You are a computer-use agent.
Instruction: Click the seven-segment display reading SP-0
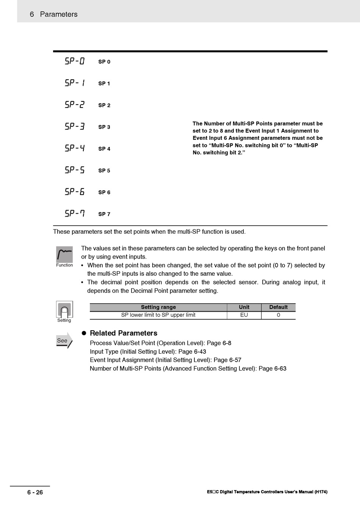[x=75, y=61]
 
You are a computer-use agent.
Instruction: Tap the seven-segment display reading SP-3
[x=75, y=126]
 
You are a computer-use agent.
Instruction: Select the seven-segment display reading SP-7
[x=75, y=213]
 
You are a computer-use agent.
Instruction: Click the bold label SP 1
[x=104, y=84]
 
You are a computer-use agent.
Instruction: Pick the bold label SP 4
[x=104, y=149]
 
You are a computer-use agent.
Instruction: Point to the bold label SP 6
[x=104, y=192]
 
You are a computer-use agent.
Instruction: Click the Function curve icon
[x=64, y=254]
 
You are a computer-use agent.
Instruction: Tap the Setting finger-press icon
[x=64, y=309]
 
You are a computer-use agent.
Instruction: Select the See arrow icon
[x=64, y=340]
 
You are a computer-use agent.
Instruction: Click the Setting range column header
[x=158, y=307]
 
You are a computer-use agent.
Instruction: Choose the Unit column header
[x=244, y=307]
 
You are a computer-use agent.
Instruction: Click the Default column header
[x=278, y=307]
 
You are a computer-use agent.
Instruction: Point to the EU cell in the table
[x=244, y=315]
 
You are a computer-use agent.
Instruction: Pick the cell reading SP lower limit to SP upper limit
[x=158, y=315]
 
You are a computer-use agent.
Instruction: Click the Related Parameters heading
[x=124, y=333]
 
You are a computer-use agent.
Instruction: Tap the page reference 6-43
[x=200, y=351]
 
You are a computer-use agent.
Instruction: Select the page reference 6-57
[x=235, y=360]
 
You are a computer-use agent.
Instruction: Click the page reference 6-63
[x=280, y=368]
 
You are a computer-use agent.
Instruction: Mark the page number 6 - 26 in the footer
[x=35, y=492]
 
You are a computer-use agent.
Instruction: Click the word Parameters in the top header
[x=59, y=14]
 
